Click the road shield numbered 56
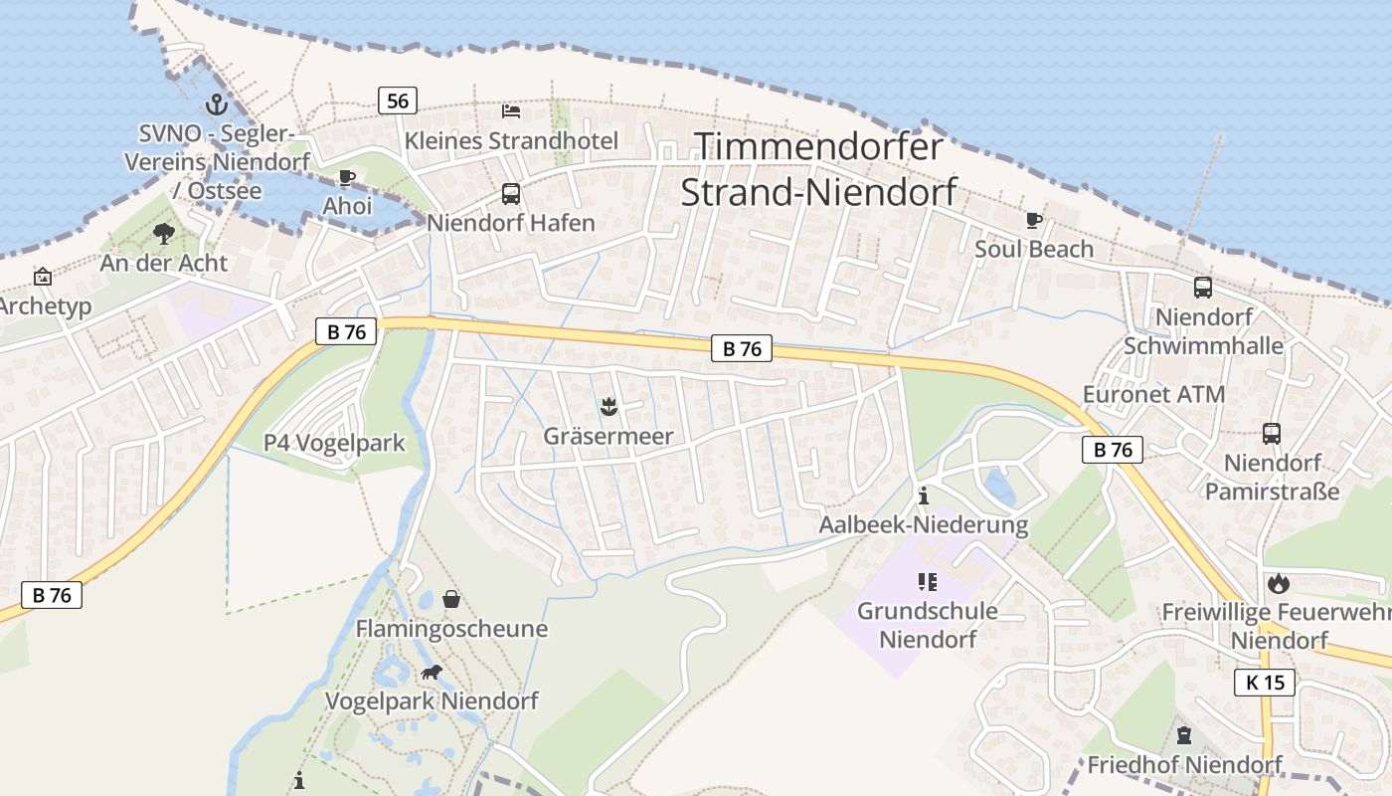coord(397,100)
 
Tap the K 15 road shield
coord(1265,682)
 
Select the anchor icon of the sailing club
coord(217,103)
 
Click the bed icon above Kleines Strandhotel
coord(511,110)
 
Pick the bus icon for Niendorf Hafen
coord(511,194)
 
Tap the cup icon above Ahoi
coord(346,178)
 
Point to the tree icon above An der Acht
coord(164,234)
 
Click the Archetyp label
coord(46,305)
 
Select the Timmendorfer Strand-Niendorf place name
coord(818,169)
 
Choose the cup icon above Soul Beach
coord(1034,220)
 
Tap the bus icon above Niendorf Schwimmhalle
coord(1203,288)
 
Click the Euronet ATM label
coord(1153,394)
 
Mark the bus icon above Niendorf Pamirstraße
coord(1272,434)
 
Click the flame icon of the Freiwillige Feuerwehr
coord(1279,583)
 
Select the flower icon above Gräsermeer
coord(608,406)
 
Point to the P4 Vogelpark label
coord(334,443)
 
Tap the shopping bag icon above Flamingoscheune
coord(451,599)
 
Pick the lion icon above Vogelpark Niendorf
coord(432,673)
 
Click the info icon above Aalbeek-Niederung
coord(924,495)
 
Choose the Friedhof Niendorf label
coord(1184,765)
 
